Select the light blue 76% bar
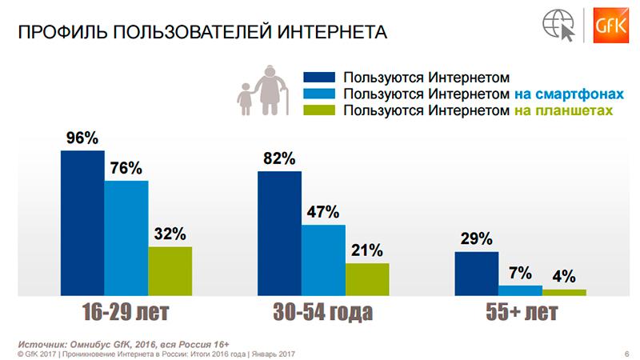[126, 238]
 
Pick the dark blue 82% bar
[279, 233]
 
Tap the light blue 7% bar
[520, 290]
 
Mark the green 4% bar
[564, 291]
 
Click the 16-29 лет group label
[126, 311]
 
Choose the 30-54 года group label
[322, 311]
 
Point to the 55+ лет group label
[520, 311]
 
